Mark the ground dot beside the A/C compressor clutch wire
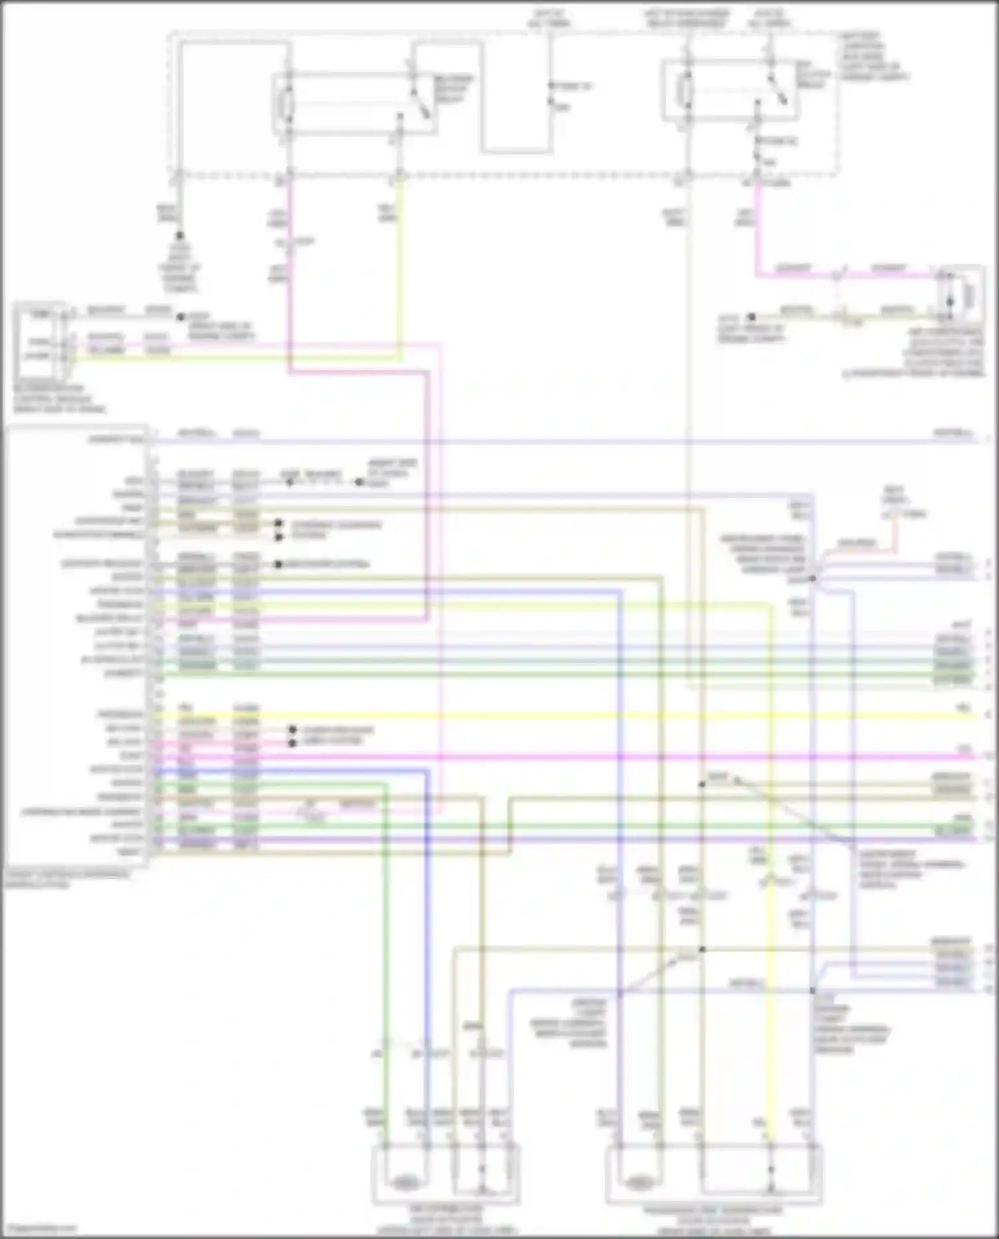(x=751, y=318)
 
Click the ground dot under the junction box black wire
(x=179, y=236)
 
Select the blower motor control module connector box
(x=40, y=339)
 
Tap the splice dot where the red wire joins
(x=813, y=578)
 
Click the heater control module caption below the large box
(x=67, y=879)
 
